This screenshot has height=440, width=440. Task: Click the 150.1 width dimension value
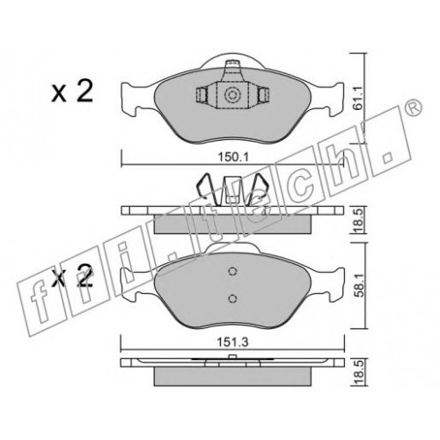[x=233, y=158]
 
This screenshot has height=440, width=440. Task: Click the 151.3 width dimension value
[x=232, y=341]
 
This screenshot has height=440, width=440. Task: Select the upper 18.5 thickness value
[x=358, y=219]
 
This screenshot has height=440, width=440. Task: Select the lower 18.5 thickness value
[x=358, y=371]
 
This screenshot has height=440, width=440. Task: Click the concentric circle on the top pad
[x=232, y=95]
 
